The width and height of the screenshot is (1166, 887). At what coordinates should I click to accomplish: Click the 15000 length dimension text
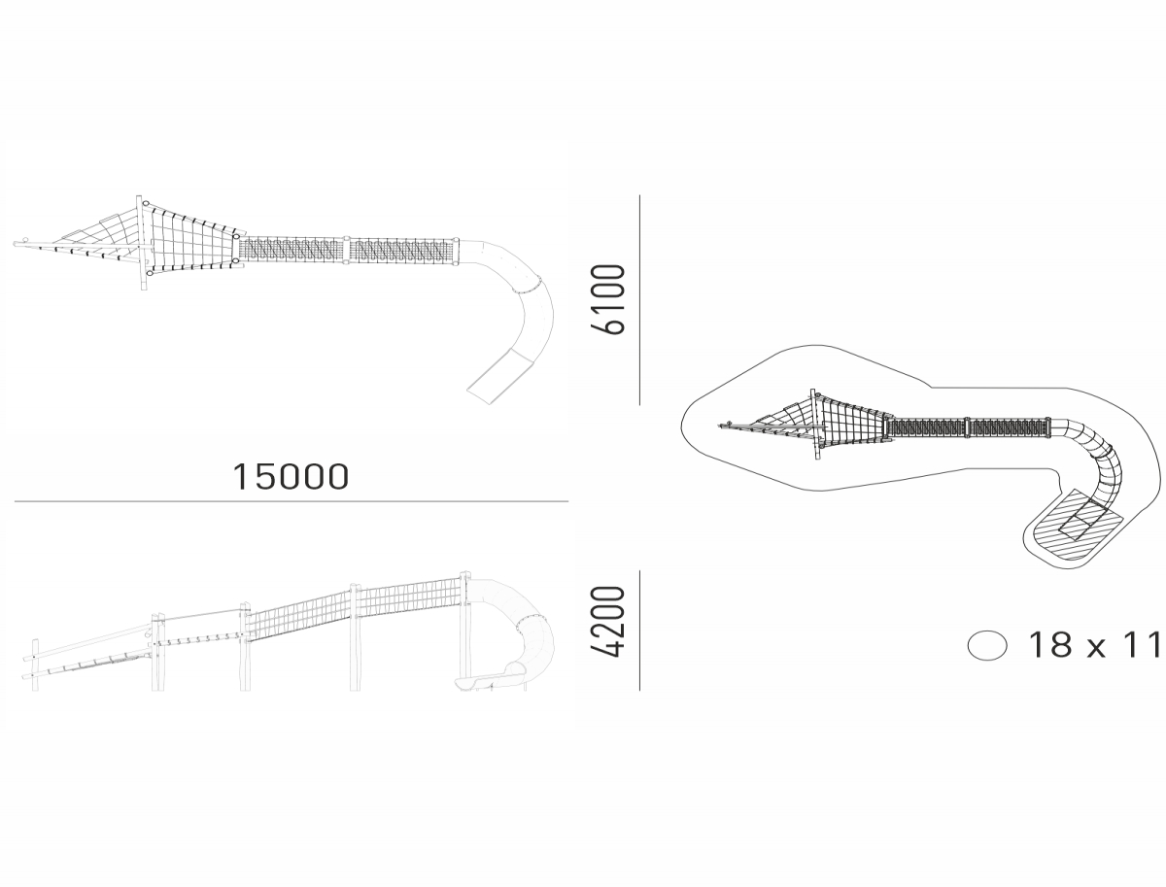click(x=291, y=476)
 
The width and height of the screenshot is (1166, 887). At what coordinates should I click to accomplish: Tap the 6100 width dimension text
click(x=608, y=299)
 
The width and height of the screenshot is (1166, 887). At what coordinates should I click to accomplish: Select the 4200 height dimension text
click(x=608, y=622)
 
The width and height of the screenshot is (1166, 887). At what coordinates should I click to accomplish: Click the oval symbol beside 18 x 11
click(x=987, y=645)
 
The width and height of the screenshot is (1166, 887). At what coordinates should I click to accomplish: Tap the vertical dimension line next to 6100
click(x=639, y=300)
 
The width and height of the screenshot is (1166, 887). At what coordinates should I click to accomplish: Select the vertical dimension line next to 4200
click(x=639, y=631)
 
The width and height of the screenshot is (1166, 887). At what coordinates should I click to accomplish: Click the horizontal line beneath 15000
click(x=291, y=501)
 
